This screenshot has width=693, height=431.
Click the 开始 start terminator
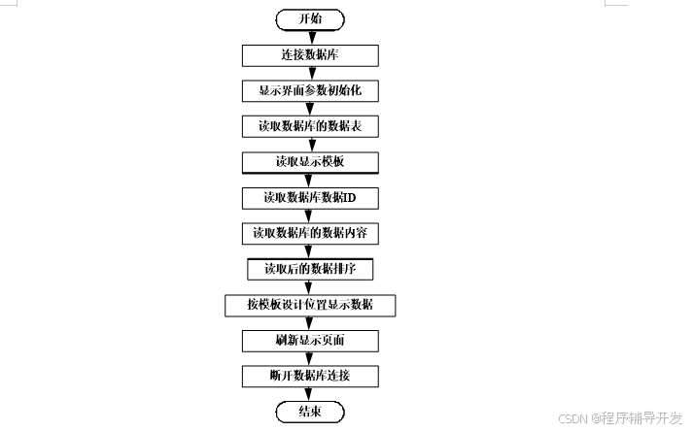click(x=309, y=19)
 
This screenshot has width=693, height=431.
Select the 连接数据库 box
click(x=309, y=55)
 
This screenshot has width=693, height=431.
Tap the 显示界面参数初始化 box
click(x=309, y=91)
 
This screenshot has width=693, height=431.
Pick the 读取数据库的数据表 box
click(x=309, y=126)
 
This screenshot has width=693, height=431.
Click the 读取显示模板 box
click(x=309, y=161)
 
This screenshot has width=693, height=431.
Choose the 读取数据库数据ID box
click(x=309, y=197)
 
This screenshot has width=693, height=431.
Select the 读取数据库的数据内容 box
click(x=309, y=233)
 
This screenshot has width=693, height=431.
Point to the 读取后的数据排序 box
click(x=309, y=268)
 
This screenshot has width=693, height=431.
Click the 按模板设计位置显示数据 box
click(x=309, y=305)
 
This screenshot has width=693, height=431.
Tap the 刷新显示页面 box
click(x=309, y=341)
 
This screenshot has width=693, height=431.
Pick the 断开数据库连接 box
click(x=309, y=376)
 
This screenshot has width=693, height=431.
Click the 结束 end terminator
click(x=309, y=413)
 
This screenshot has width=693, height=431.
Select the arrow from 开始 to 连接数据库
click(x=309, y=37)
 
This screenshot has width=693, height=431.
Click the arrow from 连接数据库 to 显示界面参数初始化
click(x=309, y=73)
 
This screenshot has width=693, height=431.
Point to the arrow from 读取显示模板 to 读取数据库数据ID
click(x=309, y=180)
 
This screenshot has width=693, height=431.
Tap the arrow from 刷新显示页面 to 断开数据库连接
click(x=309, y=358)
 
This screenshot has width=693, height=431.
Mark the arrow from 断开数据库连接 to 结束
click(x=309, y=394)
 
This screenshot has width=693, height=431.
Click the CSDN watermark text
click(x=621, y=417)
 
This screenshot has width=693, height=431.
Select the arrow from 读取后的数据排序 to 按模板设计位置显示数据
click(x=309, y=286)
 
